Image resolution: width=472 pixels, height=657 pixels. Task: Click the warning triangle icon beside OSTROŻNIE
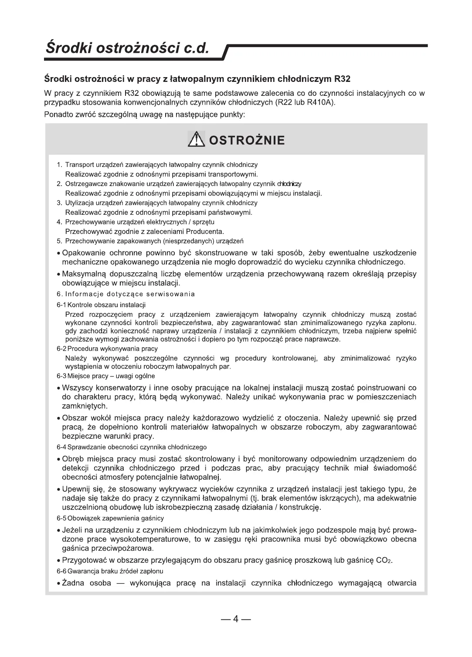[x=196, y=139]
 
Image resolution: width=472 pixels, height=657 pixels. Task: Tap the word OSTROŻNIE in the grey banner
[x=247, y=140]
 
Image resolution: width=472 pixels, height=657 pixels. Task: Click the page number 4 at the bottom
[x=236, y=620]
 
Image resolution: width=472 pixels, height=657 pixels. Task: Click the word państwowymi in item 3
[x=230, y=213]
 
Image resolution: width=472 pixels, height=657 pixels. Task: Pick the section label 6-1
[x=61, y=305]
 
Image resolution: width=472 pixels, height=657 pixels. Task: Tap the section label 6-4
[x=61, y=447]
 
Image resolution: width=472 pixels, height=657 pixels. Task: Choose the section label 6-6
[x=61, y=571]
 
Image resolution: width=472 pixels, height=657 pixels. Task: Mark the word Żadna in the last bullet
[x=73, y=583]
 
